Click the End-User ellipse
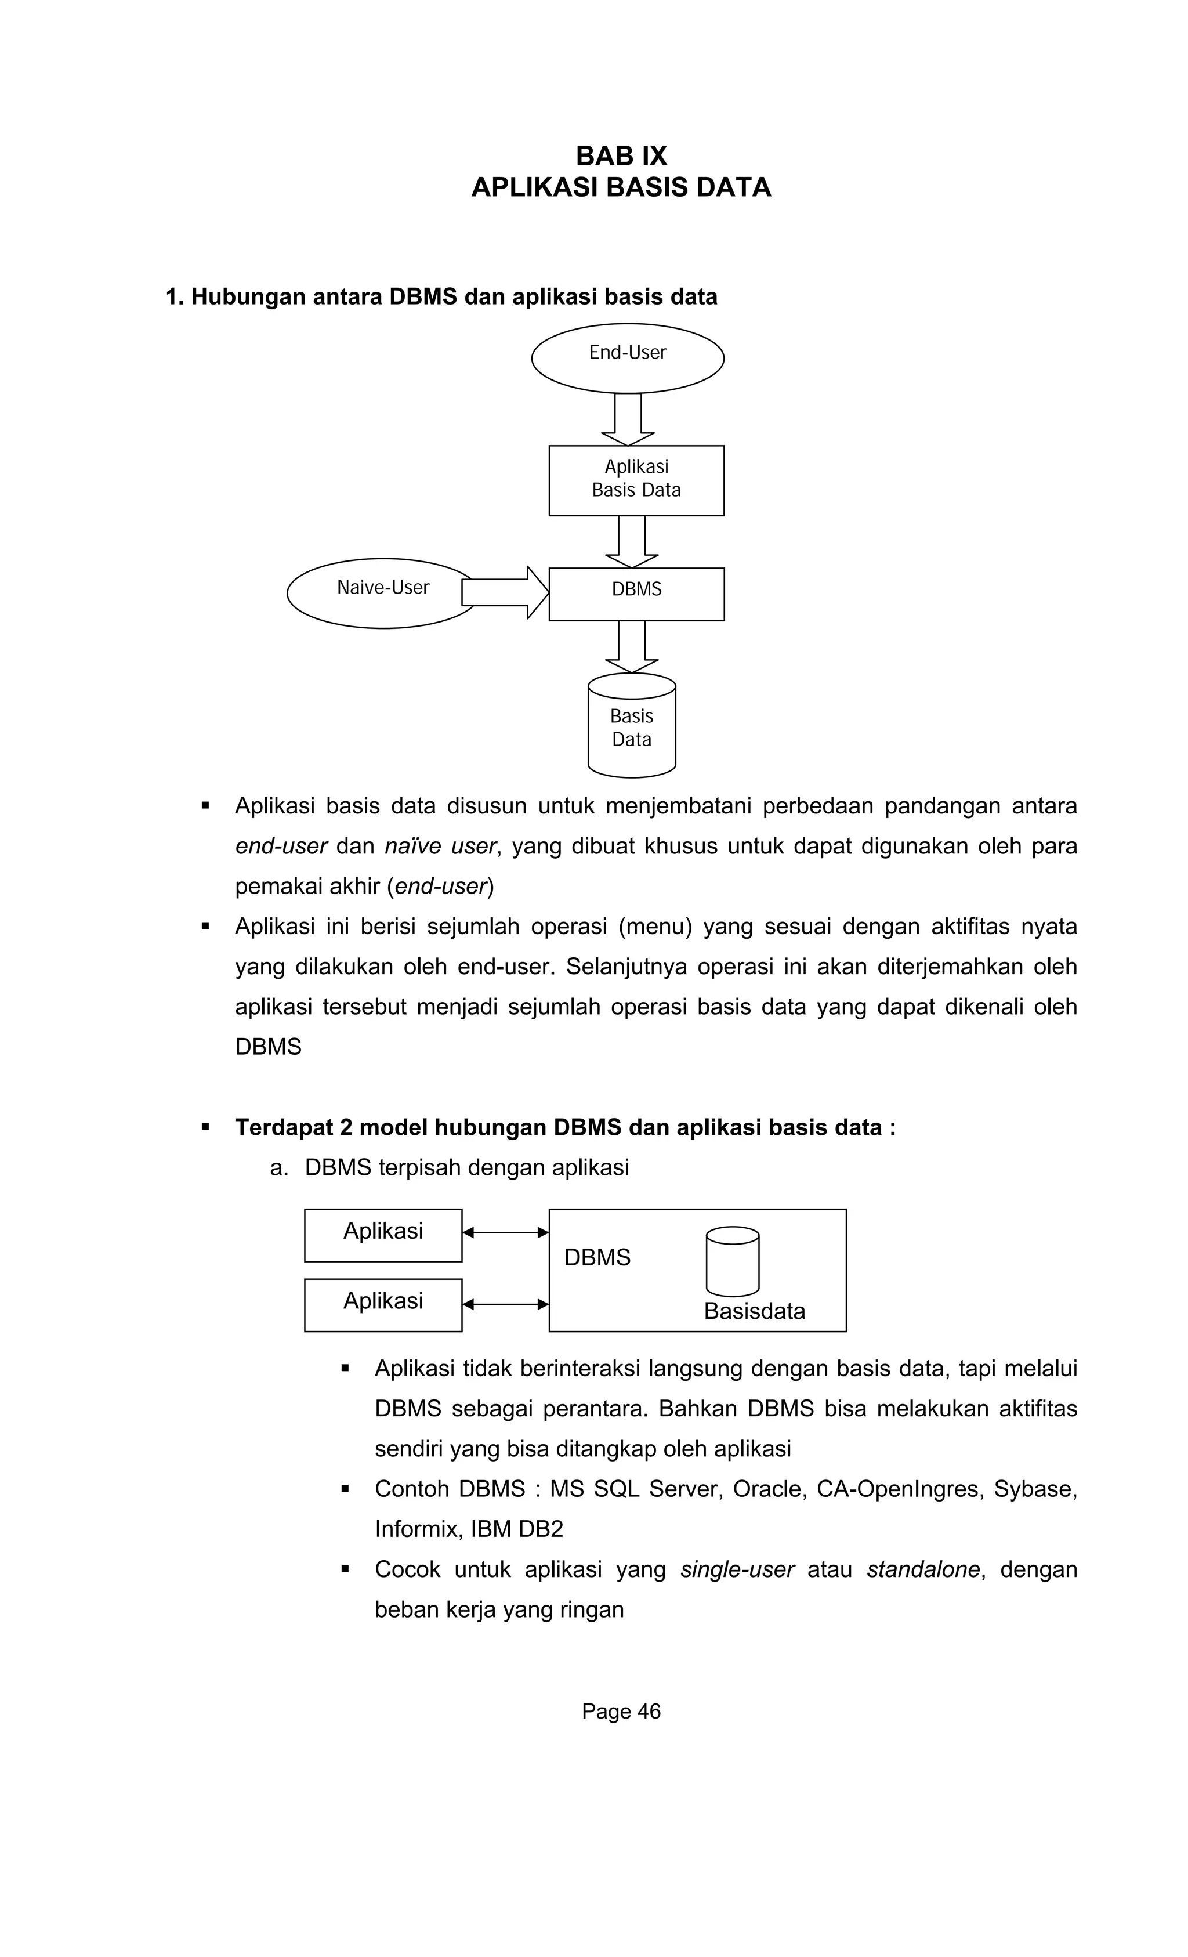(627, 358)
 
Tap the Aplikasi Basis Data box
(636, 480)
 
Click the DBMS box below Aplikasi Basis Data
(636, 594)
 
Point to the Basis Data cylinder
(631, 728)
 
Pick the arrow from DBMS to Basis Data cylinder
(631, 646)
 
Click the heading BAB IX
(621, 155)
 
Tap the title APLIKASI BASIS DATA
(621, 187)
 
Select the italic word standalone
(923, 1569)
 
